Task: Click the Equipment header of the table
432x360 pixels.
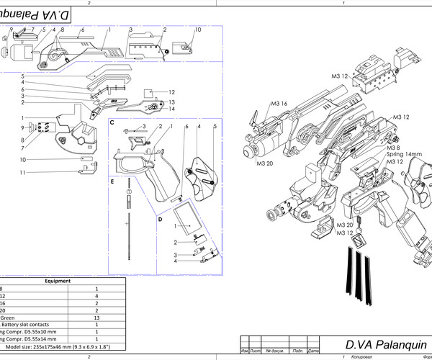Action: tap(58, 281)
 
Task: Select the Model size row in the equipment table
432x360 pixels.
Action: tap(58, 346)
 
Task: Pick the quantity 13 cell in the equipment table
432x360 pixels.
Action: tap(96, 317)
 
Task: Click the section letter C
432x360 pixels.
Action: tap(112, 123)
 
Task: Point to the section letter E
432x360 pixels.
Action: tap(112, 183)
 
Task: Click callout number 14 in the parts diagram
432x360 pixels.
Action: tap(172, 109)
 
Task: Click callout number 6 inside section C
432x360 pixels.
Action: tap(186, 127)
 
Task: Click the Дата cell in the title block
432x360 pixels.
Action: tap(312, 351)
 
